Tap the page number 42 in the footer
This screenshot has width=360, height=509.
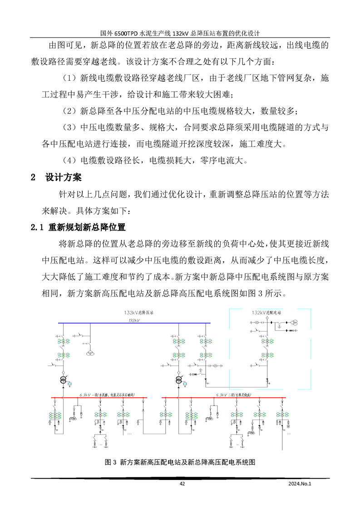coord(182,484)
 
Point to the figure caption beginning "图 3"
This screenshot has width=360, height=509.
coord(180,462)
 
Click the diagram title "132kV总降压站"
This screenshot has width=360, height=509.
coord(139,313)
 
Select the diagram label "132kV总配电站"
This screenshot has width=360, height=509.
coord(266,313)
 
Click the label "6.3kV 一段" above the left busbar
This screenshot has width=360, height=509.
coord(89,395)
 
